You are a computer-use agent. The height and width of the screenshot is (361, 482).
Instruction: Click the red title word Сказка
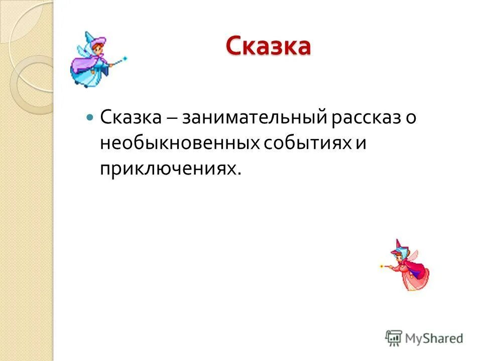click(268, 46)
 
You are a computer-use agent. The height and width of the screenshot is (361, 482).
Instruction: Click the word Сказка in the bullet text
click(131, 118)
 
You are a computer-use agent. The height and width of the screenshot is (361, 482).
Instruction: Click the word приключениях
click(168, 169)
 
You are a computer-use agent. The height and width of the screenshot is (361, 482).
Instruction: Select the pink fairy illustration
click(408, 266)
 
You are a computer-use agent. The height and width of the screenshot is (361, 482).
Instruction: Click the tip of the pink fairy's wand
click(382, 265)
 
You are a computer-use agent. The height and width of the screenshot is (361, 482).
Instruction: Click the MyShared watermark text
click(434, 338)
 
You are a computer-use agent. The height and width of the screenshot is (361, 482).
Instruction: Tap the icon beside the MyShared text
click(394, 338)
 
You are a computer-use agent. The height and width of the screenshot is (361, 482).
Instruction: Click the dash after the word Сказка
click(170, 119)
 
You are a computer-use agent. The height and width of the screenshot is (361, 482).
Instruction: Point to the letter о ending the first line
click(412, 119)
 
